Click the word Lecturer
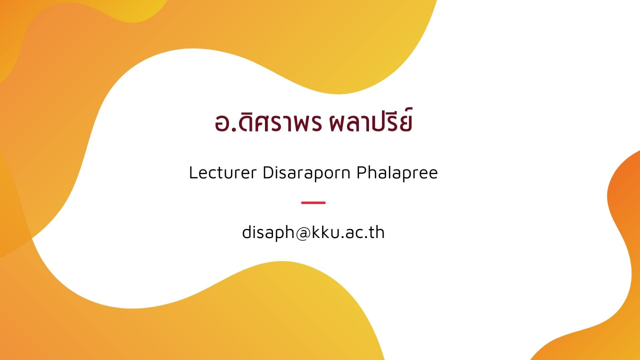[x=223, y=172]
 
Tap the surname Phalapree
[x=397, y=173]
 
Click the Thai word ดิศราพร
[x=280, y=123]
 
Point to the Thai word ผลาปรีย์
[x=371, y=120]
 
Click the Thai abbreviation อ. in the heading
[x=225, y=123]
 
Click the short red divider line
[x=313, y=202]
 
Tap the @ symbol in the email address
[x=303, y=233]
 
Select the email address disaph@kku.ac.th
[x=313, y=232]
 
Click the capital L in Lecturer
[x=193, y=172]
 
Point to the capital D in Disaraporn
[x=268, y=172]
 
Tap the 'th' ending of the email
[x=377, y=232]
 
